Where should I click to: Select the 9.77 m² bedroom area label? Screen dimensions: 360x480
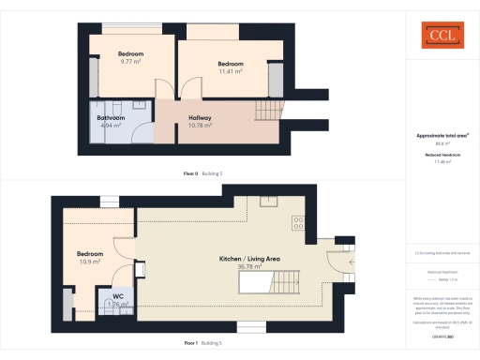[130, 62]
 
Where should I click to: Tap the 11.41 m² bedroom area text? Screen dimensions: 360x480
[231, 71]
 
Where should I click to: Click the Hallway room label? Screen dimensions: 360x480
[198, 117]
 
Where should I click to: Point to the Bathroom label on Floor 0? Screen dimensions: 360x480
[112, 118]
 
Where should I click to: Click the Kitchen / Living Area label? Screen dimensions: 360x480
[250, 259]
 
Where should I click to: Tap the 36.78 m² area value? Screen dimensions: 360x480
[250, 267]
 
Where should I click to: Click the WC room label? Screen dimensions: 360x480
[119, 295]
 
